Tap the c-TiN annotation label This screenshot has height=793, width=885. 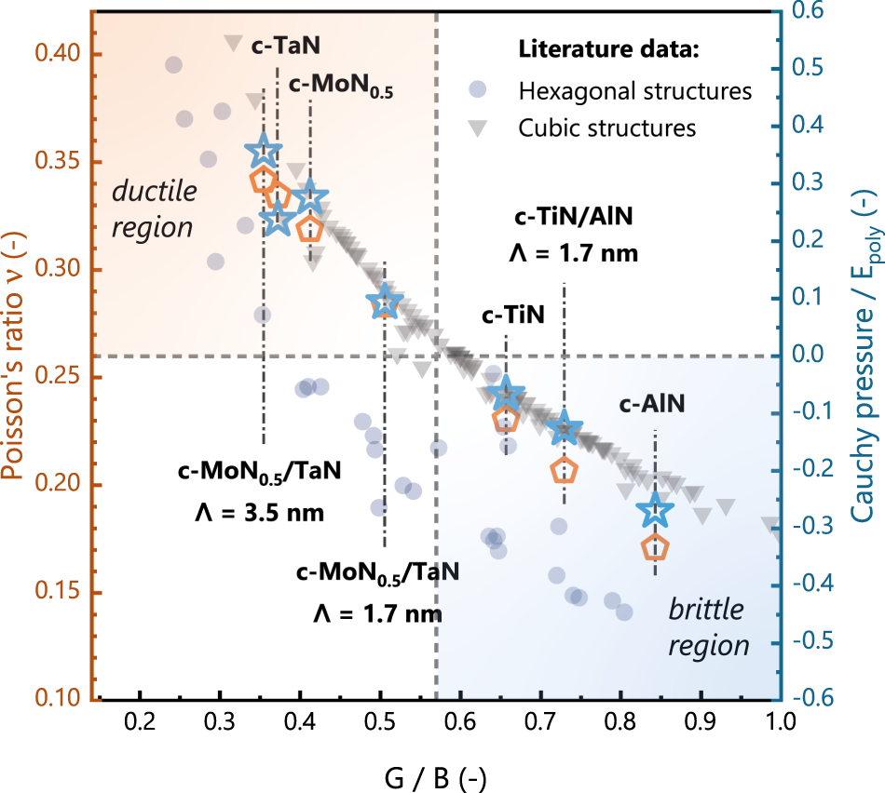tap(506, 316)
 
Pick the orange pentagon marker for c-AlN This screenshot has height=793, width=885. tap(655, 548)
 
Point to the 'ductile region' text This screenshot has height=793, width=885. tap(155, 208)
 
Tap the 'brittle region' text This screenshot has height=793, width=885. tap(707, 627)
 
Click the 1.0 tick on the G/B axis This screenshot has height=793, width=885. tap(779, 722)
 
